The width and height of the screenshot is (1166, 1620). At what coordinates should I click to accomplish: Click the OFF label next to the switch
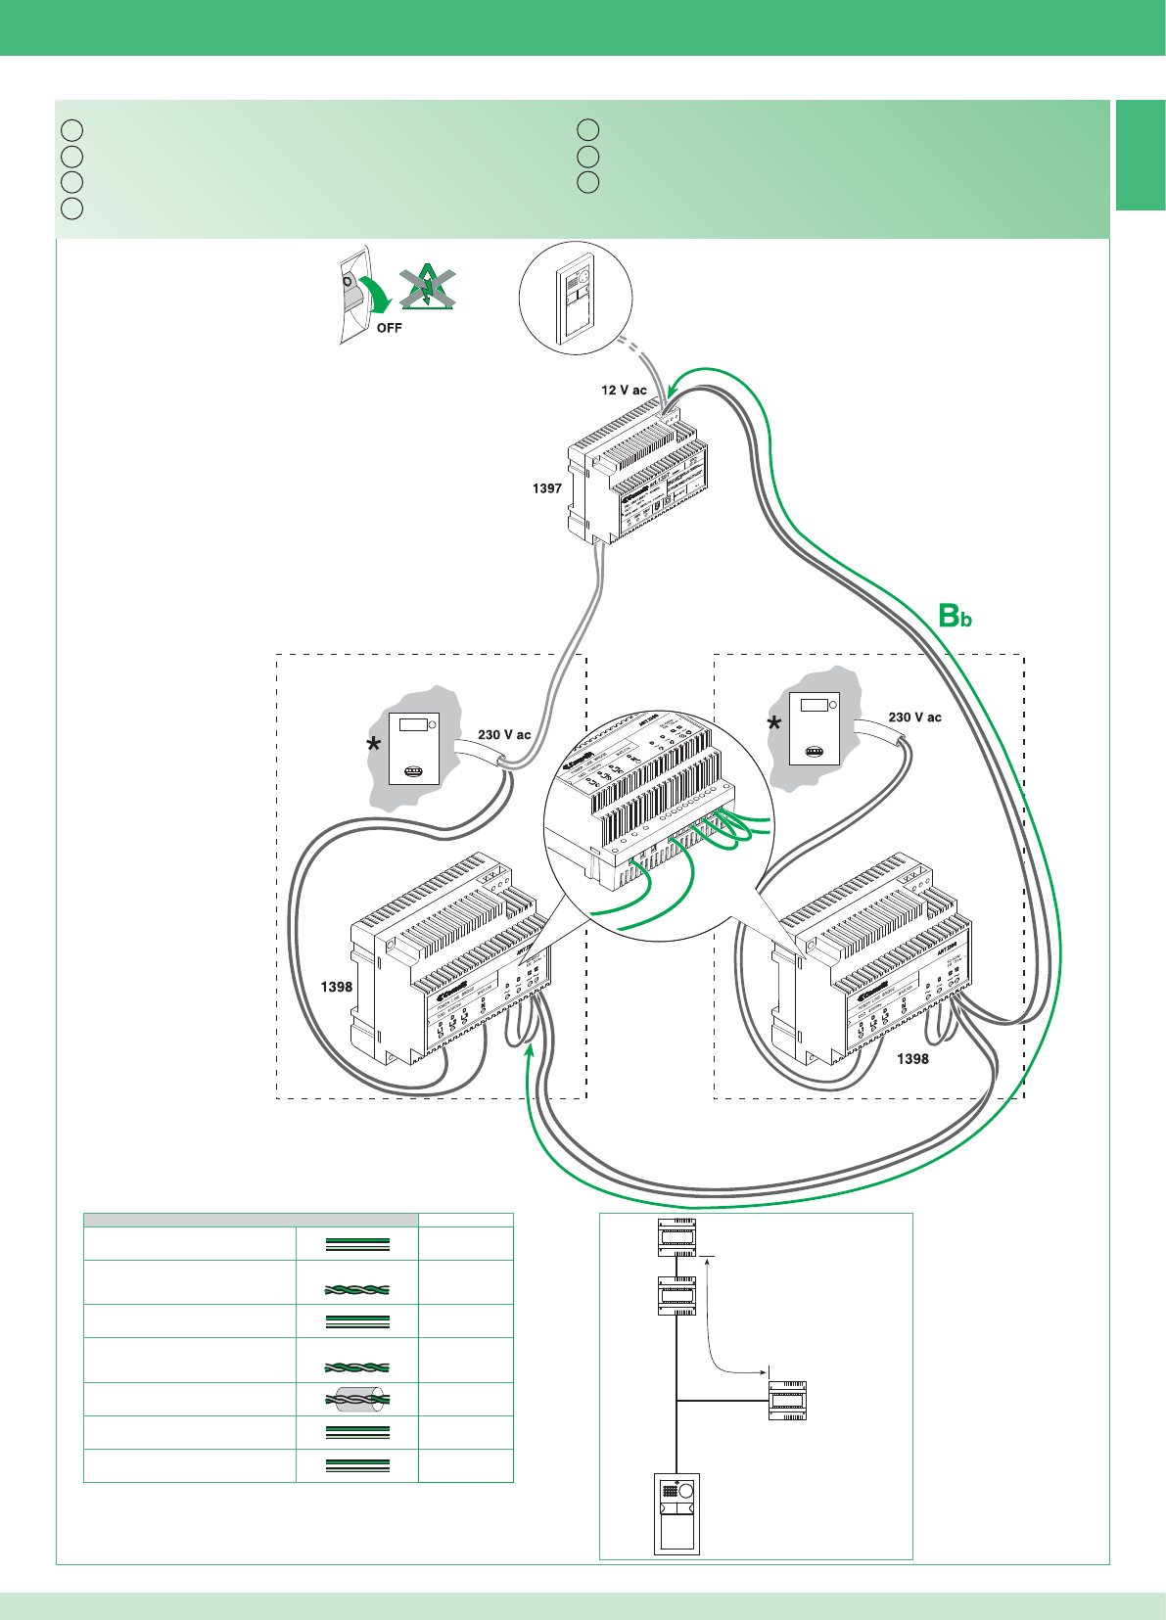click(389, 328)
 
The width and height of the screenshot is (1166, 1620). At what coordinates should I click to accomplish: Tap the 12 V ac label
click(624, 390)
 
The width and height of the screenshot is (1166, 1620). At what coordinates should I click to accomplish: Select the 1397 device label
click(547, 487)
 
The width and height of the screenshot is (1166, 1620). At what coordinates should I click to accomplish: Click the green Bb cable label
click(955, 616)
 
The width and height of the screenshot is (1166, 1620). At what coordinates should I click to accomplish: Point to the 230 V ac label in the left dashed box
click(504, 734)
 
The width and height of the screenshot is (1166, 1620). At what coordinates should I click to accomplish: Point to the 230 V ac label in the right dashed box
click(914, 717)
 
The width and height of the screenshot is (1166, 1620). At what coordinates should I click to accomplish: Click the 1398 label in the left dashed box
click(337, 987)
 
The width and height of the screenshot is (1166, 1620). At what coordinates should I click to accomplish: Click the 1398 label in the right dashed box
click(912, 1058)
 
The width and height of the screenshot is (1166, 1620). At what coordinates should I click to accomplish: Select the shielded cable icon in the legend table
click(356, 1399)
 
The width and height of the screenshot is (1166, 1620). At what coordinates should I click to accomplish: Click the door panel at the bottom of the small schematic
click(676, 1513)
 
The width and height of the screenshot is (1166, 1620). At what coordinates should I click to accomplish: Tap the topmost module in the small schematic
click(676, 1237)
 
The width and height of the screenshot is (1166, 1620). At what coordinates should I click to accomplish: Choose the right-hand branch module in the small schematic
click(786, 1400)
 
